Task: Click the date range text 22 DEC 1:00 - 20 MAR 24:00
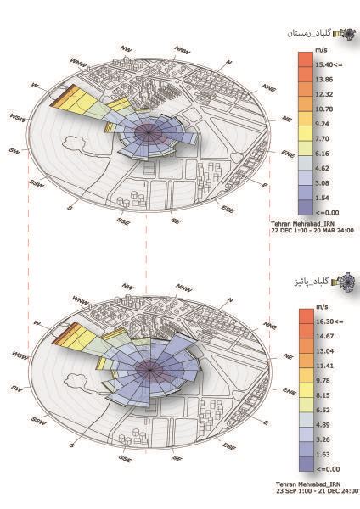click(x=313, y=230)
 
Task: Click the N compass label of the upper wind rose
click(x=230, y=63)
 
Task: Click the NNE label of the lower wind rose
click(x=269, y=326)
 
